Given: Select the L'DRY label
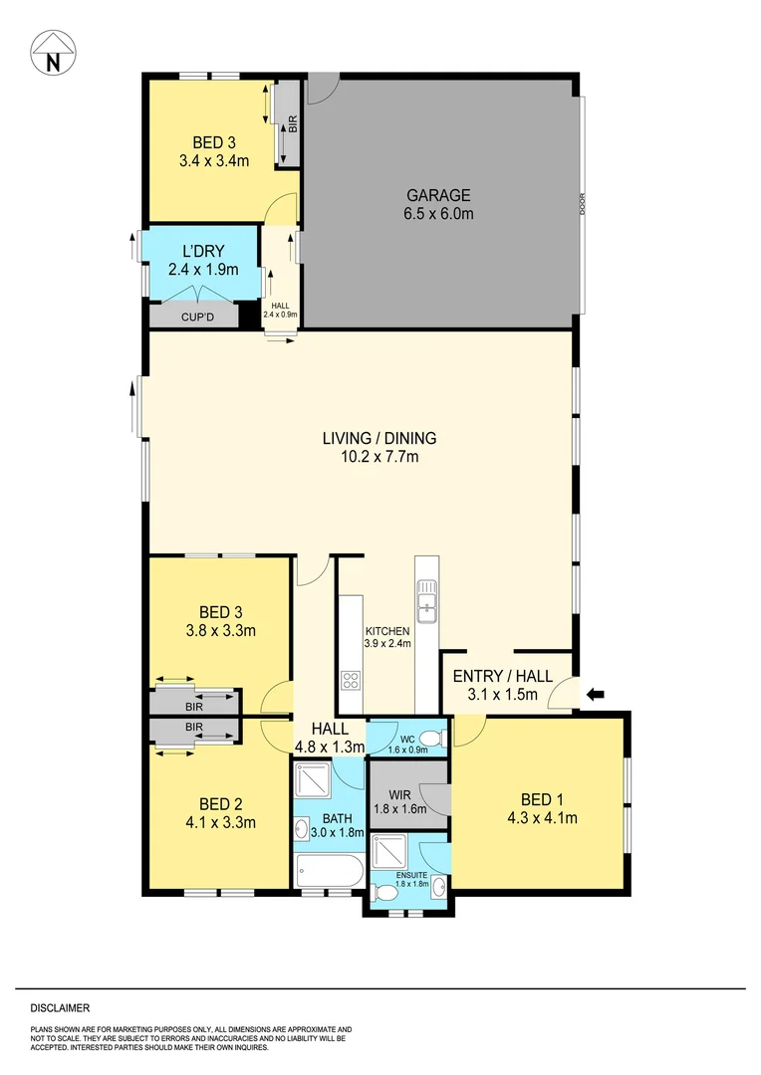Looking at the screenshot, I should [x=190, y=252].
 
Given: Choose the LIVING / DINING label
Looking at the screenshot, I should [x=379, y=438].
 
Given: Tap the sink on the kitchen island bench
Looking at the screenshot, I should [x=428, y=603].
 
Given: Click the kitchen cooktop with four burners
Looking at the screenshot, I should [x=352, y=681].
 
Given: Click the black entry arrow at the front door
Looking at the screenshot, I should [x=595, y=694].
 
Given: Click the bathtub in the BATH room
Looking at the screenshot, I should [x=329, y=873].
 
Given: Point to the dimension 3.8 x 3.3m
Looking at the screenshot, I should [x=222, y=630].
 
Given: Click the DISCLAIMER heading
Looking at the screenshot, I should [x=59, y=1007].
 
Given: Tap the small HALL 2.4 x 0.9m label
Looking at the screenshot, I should [x=280, y=306].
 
